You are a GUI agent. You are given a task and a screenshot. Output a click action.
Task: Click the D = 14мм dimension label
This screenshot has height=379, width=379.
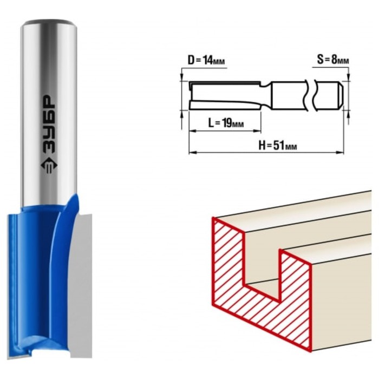[206, 60]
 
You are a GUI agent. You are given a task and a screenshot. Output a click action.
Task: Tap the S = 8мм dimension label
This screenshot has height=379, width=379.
[333, 60]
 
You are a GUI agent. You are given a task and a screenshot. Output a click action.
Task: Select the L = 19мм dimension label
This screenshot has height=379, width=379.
[226, 123]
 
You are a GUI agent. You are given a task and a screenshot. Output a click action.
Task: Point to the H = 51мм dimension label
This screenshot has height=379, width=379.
[277, 145]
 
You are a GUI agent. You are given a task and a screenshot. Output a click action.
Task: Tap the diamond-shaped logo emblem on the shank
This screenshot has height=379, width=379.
[49, 167]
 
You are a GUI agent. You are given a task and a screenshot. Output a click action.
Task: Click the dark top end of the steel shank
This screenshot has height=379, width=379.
[49, 22]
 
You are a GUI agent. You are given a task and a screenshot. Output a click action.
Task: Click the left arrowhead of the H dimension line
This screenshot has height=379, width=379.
[192, 152]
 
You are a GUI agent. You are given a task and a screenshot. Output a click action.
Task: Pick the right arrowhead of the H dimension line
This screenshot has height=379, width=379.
[341, 152]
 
